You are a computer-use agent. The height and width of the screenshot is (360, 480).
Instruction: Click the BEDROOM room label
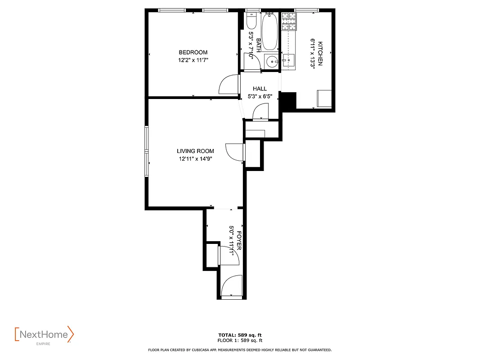(x=193, y=52)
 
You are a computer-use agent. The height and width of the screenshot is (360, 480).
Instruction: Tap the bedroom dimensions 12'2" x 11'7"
(x=193, y=60)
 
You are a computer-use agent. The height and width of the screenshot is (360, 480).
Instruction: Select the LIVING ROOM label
(x=195, y=151)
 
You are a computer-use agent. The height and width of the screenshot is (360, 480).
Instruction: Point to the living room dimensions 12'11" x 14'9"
(x=195, y=158)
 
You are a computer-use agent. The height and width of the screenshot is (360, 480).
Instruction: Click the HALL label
(x=260, y=89)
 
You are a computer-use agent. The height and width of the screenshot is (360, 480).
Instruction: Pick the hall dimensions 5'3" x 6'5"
(x=260, y=96)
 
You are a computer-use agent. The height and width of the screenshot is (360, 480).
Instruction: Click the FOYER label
(x=239, y=241)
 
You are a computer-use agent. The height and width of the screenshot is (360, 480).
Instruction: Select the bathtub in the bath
(x=269, y=31)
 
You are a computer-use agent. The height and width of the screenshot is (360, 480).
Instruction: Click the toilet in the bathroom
(x=251, y=21)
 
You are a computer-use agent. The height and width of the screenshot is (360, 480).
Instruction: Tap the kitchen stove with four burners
(x=289, y=21)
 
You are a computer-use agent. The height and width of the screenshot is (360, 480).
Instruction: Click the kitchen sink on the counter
(x=288, y=59)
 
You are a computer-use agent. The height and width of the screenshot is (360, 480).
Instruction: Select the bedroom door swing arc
(x=229, y=84)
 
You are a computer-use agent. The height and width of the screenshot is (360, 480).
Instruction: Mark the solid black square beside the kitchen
(x=288, y=100)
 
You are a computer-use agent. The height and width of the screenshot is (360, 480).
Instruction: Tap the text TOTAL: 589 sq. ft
(x=240, y=335)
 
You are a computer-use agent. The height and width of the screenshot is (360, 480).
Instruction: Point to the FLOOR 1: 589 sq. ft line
(x=240, y=341)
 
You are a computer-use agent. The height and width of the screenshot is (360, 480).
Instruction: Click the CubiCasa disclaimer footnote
(x=240, y=350)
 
